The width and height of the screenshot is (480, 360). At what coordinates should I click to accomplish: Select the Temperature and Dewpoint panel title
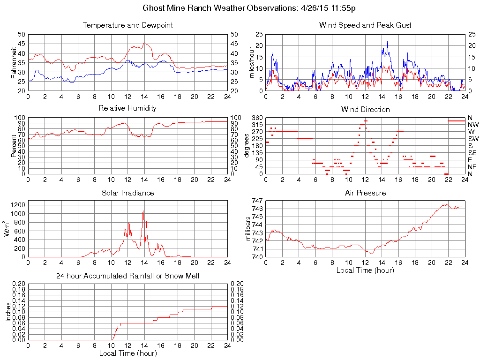127,25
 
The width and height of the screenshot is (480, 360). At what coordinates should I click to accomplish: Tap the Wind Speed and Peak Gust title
365,25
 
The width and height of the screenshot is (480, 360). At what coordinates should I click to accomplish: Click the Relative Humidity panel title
127,108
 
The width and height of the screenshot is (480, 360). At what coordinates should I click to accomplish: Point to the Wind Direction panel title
365,110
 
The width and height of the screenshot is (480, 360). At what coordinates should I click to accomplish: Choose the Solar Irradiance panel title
127,193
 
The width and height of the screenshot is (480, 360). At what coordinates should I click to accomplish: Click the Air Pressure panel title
365,193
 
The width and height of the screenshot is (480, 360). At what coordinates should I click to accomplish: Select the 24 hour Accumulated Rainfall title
127,276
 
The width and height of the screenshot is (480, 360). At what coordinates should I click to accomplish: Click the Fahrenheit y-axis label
14,63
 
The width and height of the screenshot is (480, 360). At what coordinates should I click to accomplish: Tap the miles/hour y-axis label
251,63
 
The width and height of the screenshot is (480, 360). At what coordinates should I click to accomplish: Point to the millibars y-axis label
249,229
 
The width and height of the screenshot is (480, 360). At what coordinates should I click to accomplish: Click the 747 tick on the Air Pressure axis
257,201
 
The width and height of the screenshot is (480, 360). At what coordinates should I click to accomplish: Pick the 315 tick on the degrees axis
257,125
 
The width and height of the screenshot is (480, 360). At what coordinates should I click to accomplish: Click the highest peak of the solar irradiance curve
143,211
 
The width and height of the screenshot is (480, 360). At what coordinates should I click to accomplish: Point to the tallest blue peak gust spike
387,42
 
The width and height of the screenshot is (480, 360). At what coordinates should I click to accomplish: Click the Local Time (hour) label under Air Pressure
365,270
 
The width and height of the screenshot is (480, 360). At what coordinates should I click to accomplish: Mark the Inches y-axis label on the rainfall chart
8,312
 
